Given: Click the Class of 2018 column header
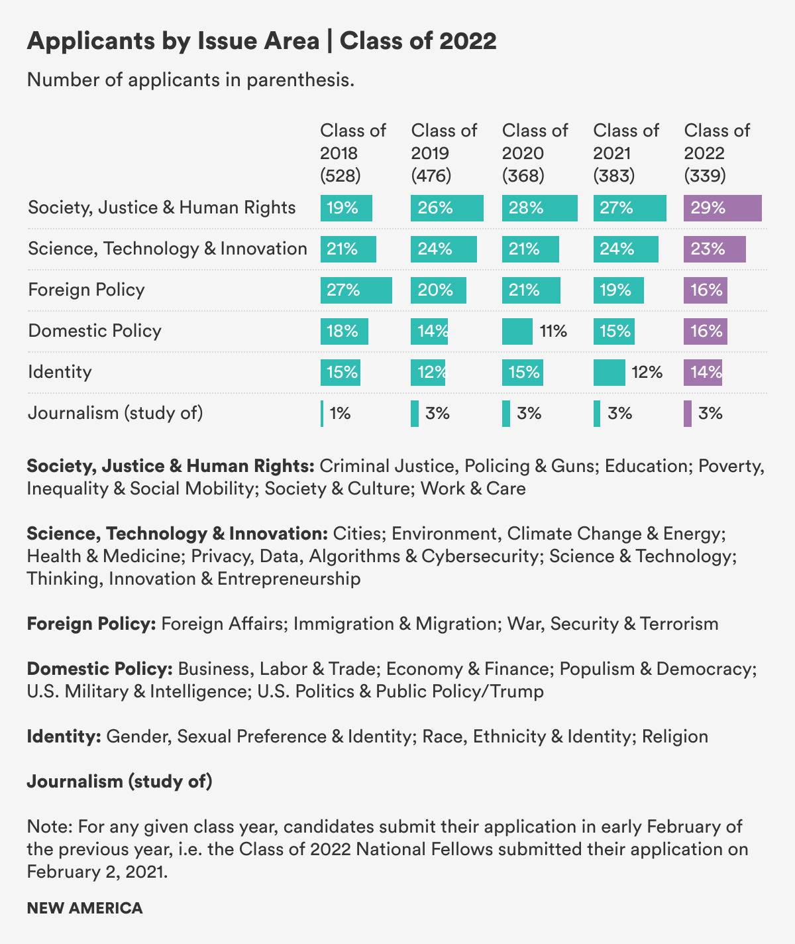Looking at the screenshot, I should (353, 152).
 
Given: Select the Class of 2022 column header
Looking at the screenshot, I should (717, 152).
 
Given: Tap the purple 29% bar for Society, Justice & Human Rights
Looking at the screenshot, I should (722, 208).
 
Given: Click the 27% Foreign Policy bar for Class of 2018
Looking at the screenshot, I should (356, 290).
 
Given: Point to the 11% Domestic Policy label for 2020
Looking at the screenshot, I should (553, 331).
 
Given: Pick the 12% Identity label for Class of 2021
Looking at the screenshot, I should (647, 373).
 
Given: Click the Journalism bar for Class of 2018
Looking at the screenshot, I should (322, 414).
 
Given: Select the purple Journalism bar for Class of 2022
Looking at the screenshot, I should (688, 414).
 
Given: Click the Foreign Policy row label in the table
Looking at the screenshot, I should (86, 290).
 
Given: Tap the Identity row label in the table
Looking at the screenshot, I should (60, 372).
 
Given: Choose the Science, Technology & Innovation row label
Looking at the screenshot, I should (168, 249).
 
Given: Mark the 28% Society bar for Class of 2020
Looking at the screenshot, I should (539, 208).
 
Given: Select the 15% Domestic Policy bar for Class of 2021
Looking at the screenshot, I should (613, 331).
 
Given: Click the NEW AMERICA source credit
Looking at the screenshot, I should (85, 908).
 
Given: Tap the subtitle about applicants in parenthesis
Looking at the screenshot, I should (191, 81).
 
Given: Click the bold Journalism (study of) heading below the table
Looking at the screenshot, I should (119, 782).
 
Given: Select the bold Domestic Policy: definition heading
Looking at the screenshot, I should (100, 669).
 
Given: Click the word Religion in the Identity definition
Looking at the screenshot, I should (675, 737).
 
